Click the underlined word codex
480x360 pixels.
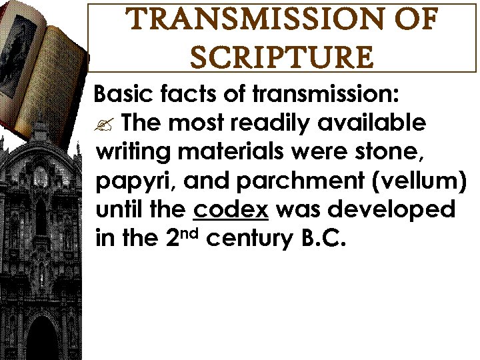(x=231, y=211)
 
